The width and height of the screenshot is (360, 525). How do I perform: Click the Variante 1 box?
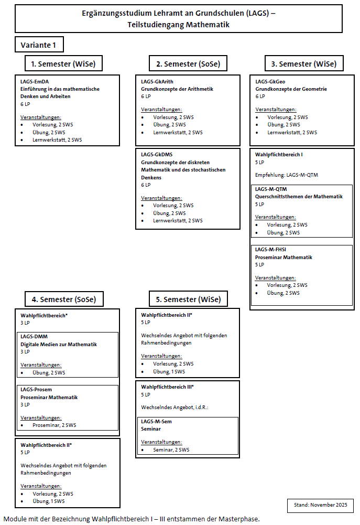(39, 45)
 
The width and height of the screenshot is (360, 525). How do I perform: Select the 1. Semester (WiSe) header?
(63, 64)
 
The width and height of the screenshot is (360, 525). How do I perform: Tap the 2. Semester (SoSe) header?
(188, 64)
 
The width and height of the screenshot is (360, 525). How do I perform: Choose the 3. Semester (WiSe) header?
(303, 64)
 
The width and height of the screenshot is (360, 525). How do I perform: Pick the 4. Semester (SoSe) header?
(64, 299)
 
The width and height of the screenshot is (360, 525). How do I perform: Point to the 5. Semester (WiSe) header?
(188, 299)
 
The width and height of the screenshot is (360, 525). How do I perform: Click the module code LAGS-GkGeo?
(270, 82)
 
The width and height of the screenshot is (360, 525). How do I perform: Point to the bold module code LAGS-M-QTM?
(271, 189)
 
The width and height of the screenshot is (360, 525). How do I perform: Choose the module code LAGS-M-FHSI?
(271, 250)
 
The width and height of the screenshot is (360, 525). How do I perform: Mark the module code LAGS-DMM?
(35, 337)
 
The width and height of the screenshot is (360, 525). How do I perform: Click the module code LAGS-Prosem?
(36, 390)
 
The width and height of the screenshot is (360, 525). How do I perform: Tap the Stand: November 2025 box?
(320, 505)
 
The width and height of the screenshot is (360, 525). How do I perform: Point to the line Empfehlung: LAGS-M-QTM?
(287, 175)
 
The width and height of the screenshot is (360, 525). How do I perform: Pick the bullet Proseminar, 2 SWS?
(54, 425)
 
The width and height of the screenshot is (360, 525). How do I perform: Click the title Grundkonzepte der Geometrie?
(291, 89)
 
